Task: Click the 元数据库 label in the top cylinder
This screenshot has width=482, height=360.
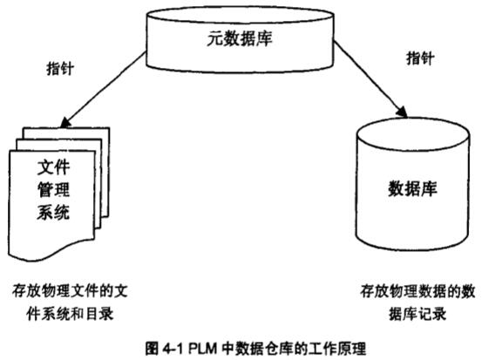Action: pyautogui.click(x=240, y=39)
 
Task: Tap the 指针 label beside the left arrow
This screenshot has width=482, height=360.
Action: pyautogui.click(x=60, y=68)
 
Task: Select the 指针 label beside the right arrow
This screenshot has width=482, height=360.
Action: pyautogui.click(x=420, y=58)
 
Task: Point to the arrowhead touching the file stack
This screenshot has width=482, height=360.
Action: pyautogui.click(x=65, y=122)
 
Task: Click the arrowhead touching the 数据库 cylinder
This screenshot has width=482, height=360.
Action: pyautogui.click(x=402, y=112)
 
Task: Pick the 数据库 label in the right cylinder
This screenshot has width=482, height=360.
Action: pyautogui.click(x=412, y=188)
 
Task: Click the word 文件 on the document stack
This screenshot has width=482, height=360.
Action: pyautogui.click(x=53, y=167)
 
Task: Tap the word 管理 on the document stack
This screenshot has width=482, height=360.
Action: pyautogui.click(x=53, y=189)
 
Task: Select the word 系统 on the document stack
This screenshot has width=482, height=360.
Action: pyautogui.click(x=53, y=212)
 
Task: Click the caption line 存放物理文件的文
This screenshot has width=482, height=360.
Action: pyautogui.click(x=70, y=291)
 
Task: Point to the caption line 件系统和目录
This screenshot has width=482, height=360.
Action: pyautogui.click(x=70, y=314)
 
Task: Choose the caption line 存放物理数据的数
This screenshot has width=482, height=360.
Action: pyautogui.click(x=418, y=291)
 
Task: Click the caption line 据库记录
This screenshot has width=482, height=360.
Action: pyautogui.click(x=418, y=314)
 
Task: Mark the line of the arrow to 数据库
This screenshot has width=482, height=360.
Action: pyautogui.click(x=370, y=78)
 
